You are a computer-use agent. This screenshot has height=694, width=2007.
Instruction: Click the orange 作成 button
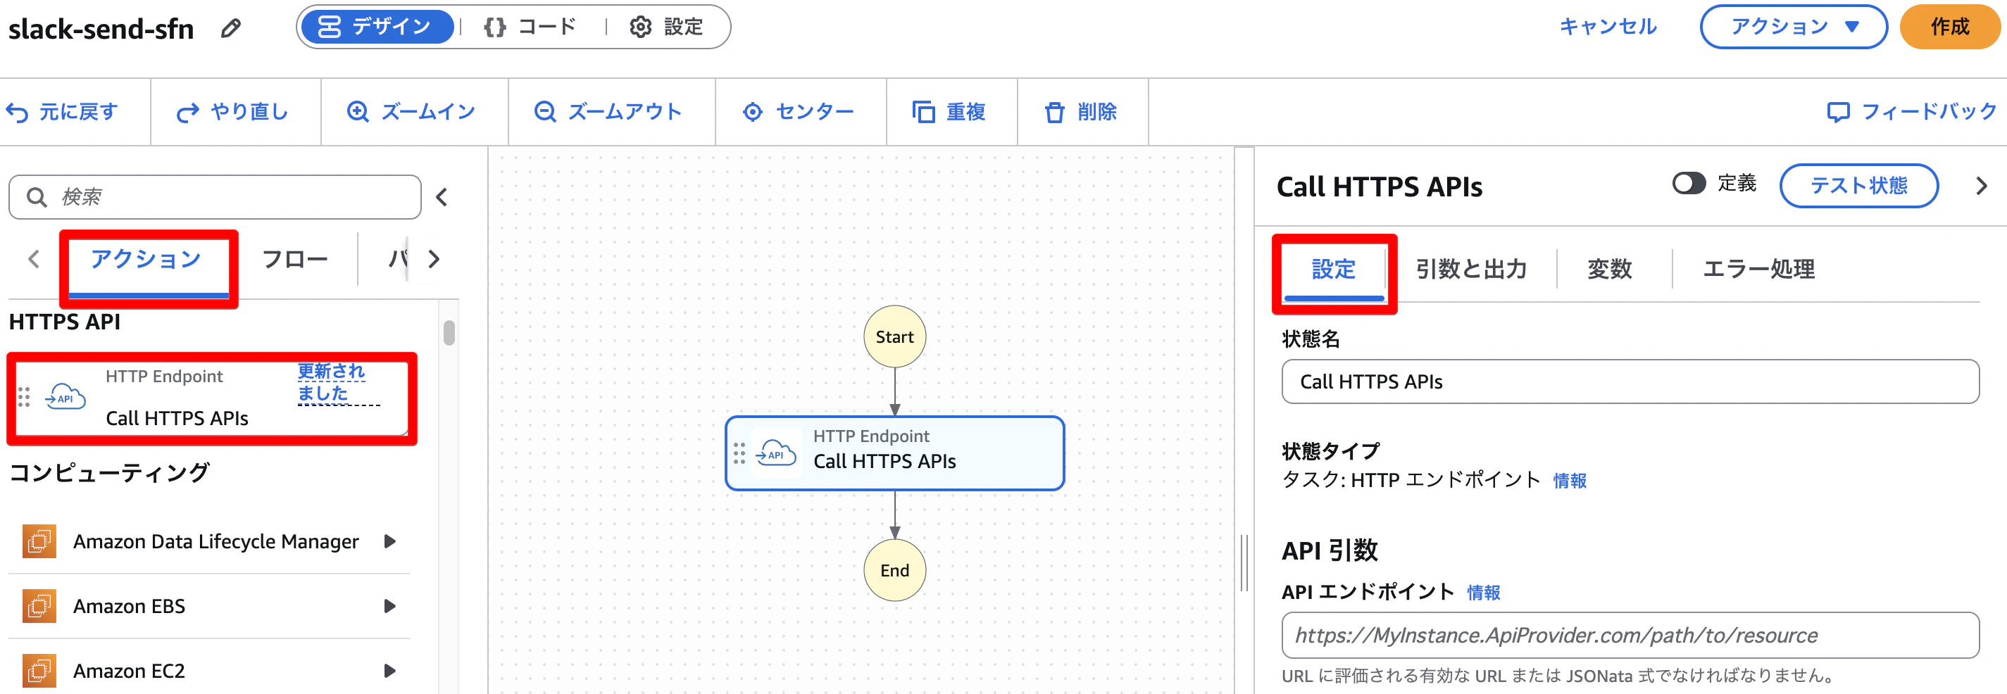point(1949,27)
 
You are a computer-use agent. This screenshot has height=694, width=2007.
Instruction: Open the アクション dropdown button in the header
point(1794,27)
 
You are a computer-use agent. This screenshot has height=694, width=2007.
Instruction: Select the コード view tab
point(530,27)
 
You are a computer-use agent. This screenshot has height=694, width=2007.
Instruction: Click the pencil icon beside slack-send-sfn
point(230,29)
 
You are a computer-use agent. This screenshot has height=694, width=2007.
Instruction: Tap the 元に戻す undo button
point(63,112)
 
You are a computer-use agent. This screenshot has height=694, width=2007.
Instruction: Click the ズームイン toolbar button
point(411,112)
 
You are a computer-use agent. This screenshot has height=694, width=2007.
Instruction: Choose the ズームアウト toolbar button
point(608,112)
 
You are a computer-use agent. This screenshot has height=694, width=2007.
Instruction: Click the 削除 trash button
point(1081,112)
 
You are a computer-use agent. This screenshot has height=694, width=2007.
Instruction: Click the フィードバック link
point(1912,112)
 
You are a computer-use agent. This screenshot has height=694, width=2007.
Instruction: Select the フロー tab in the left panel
point(294,260)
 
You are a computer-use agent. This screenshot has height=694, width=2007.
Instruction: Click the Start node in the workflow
point(894,336)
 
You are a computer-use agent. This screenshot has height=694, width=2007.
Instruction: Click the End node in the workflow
point(894,570)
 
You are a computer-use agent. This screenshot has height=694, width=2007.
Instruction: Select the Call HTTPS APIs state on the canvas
point(894,453)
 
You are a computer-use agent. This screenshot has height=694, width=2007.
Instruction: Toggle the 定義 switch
point(1688,183)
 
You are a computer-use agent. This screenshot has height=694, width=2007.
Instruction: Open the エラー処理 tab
point(1758,269)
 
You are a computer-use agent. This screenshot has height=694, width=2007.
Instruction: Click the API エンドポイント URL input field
point(1630,636)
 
